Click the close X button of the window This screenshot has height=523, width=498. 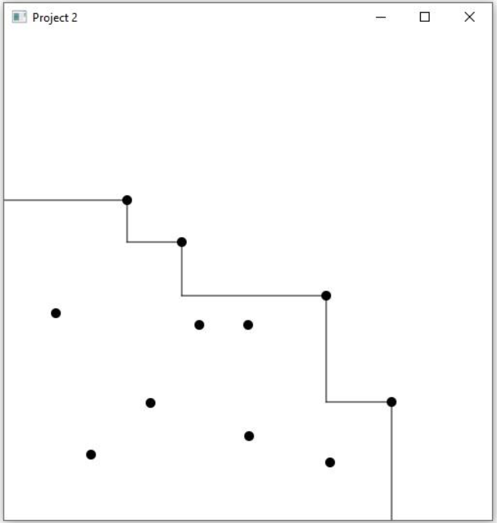(x=470, y=17)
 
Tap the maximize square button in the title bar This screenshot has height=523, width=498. (x=425, y=17)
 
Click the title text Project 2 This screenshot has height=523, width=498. (x=55, y=17)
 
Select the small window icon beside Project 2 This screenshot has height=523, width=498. (x=19, y=17)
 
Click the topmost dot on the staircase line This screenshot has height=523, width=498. (x=127, y=200)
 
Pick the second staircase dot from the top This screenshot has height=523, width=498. (x=182, y=242)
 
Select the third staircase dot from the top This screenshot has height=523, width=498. (x=326, y=296)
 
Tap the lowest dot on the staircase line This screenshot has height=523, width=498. (x=391, y=402)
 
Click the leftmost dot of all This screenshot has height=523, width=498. (x=56, y=313)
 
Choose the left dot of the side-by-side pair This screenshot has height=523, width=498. (x=199, y=325)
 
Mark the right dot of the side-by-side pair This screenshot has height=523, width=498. (x=248, y=325)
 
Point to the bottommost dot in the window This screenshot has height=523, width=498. (x=330, y=462)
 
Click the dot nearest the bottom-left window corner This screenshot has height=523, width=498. (x=91, y=454)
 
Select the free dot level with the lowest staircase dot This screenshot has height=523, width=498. (x=151, y=402)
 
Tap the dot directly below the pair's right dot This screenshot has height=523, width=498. (x=249, y=436)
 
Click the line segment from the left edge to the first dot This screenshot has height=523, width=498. (x=63, y=200)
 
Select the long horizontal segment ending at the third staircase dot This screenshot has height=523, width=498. (x=254, y=296)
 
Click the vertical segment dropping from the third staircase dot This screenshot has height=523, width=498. (x=326, y=349)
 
